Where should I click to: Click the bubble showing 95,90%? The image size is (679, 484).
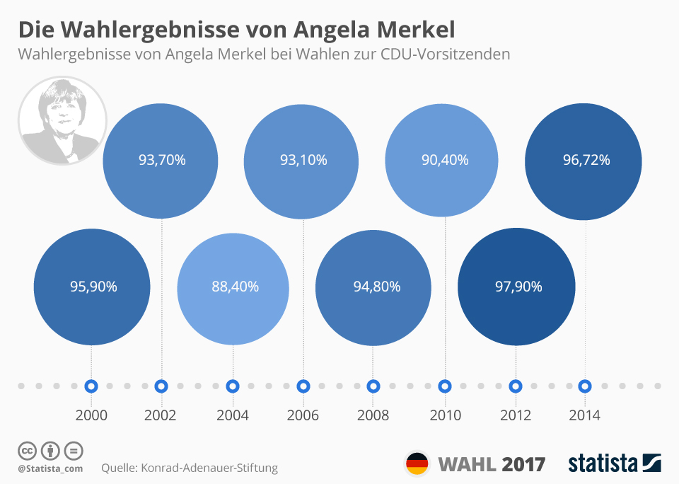(x=92, y=287)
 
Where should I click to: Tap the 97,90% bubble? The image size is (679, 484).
(x=516, y=287)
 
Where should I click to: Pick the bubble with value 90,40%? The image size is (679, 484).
(x=446, y=161)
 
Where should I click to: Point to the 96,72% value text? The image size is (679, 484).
(x=586, y=161)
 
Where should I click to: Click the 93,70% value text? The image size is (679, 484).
(x=162, y=161)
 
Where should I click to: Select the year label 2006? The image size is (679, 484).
(x=303, y=415)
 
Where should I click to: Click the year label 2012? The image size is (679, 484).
(x=515, y=415)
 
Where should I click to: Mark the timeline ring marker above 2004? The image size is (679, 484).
(x=232, y=386)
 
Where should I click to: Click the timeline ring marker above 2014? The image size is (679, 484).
(x=585, y=386)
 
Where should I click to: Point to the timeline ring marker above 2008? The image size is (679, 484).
(x=373, y=386)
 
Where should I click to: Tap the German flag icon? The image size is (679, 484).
(x=417, y=464)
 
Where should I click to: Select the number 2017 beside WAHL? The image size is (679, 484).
(x=524, y=465)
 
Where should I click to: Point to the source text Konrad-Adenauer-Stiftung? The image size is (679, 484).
(x=209, y=468)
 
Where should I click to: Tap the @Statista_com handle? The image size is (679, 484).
(x=50, y=468)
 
